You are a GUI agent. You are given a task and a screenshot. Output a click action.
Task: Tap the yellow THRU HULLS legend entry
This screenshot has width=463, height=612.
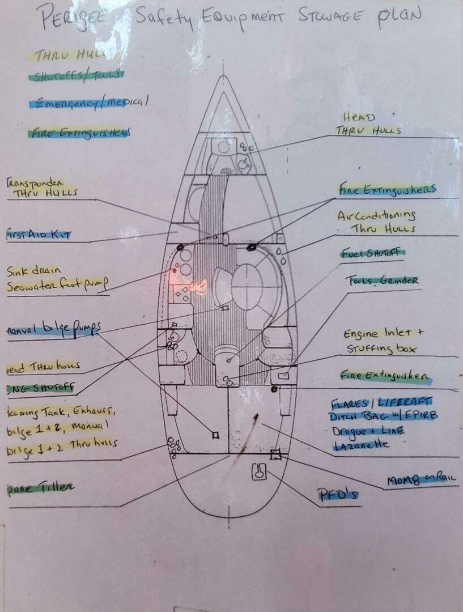click(x=74, y=56)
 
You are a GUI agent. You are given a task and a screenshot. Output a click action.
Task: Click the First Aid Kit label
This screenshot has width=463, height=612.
click(x=39, y=234)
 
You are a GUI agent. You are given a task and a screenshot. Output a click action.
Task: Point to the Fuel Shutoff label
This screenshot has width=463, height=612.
click(x=373, y=253)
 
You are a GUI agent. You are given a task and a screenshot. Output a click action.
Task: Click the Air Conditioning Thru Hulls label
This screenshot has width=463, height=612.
click(x=376, y=222)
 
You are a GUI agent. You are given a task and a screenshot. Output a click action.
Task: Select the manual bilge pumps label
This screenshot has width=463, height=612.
click(x=54, y=329)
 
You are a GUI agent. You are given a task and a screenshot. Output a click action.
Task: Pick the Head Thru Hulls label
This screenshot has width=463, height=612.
click(x=369, y=124)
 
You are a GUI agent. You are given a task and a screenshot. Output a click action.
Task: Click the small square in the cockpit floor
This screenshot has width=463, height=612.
click(x=214, y=435)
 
